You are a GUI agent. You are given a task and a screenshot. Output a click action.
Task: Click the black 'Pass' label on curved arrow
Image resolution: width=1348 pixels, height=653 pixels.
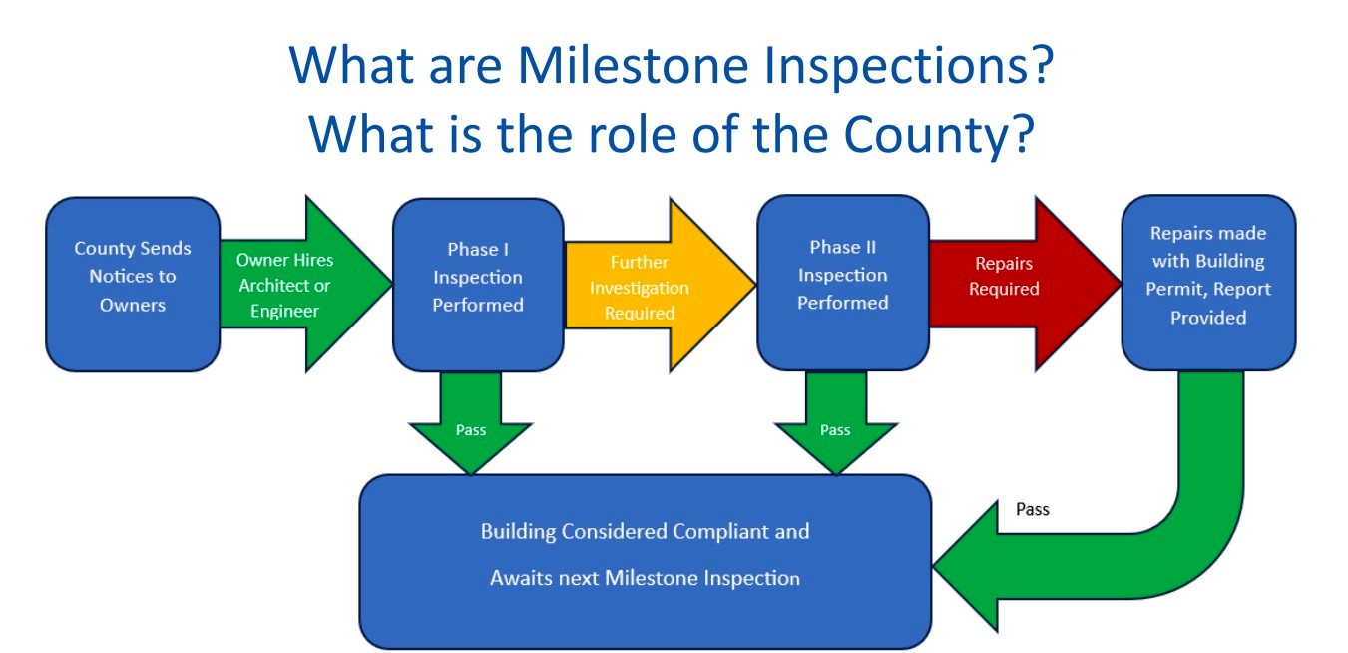pyautogui.click(x=1032, y=509)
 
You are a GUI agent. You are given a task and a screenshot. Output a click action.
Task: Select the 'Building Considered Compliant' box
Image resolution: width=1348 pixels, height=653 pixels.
pyautogui.click(x=645, y=559)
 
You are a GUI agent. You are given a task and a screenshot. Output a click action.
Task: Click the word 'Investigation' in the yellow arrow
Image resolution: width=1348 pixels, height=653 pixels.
pyautogui.click(x=639, y=288)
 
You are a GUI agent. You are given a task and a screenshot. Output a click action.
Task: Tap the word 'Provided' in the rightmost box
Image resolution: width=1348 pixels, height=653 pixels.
pyautogui.click(x=1208, y=318)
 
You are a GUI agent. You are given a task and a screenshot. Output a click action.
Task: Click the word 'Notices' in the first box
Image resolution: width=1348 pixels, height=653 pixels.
pyautogui.click(x=120, y=277)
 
